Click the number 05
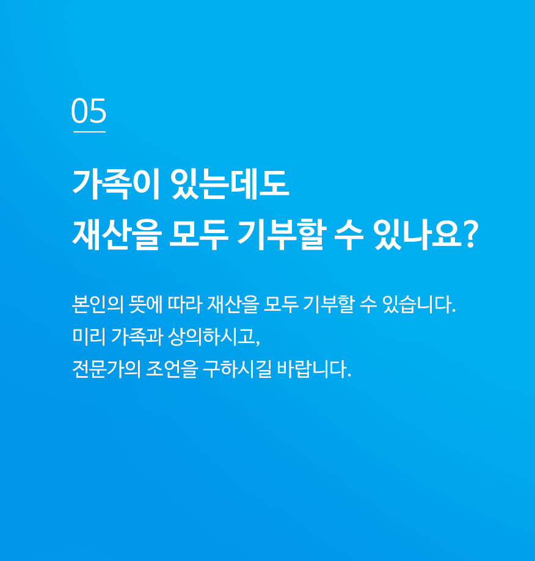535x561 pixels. (x=89, y=110)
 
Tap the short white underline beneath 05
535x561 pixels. (x=89, y=132)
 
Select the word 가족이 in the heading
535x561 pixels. (x=116, y=184)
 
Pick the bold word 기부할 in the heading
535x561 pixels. (x=282, y=234)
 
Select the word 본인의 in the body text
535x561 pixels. (x=97, y=305)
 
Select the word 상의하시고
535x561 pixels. (x=211, y=337)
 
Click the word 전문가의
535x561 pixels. (x=106, y=369)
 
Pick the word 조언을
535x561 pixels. (x=172, y=369)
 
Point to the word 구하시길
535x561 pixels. (x=237, y=369)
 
